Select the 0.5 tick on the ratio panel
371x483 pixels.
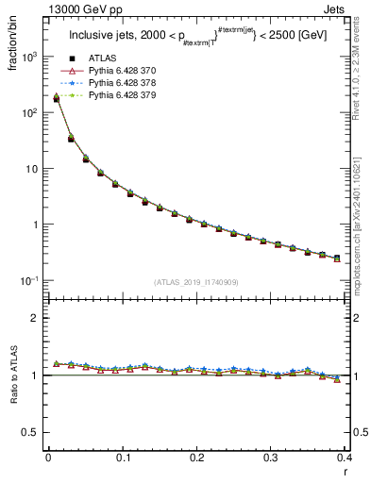[x=32, y=432]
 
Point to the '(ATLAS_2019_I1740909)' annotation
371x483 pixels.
[x=195, y=282]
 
